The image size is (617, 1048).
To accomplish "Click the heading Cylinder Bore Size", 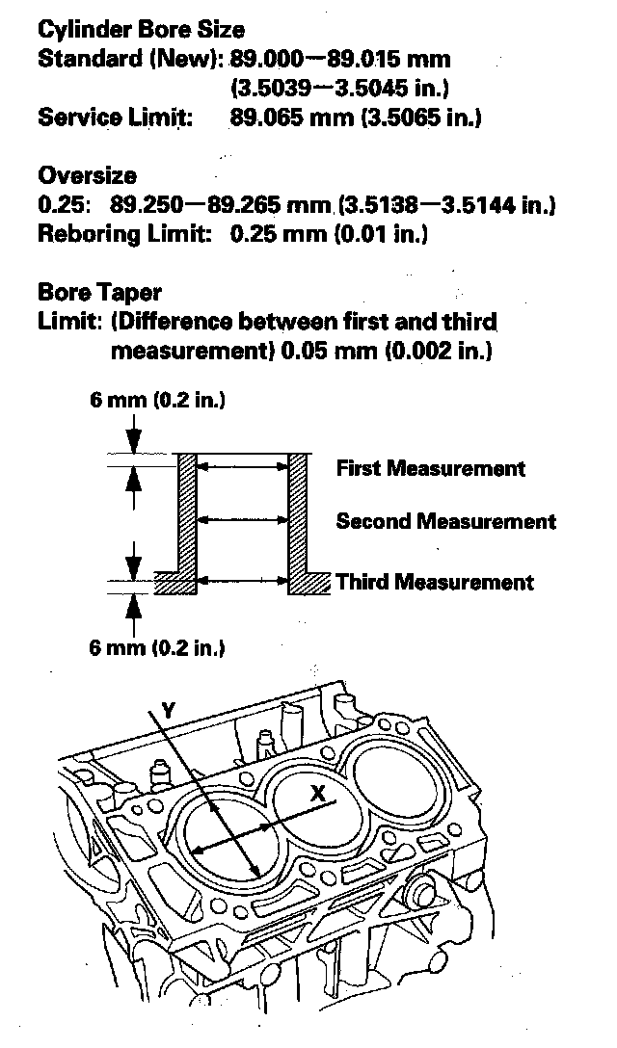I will point(141,30).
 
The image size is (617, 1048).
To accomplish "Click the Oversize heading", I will point(87,175).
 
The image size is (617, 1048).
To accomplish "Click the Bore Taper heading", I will point(99,291).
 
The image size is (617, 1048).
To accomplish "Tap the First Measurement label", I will point(430,469).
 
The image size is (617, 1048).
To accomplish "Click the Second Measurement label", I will point(445,522).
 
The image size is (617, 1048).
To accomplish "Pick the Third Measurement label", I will point(434,582).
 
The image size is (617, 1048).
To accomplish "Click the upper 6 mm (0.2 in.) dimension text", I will point(157,399).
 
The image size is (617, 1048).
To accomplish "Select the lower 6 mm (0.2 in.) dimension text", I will point(157,647).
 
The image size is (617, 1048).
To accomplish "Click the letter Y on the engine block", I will point(168,710).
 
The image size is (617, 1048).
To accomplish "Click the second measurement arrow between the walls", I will point(242,520).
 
